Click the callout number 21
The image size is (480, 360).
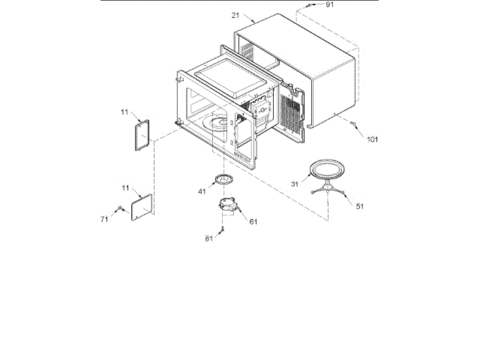(x=235, y=15)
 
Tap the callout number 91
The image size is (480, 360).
(x=329, y=5)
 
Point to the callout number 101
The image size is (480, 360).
(x=373, y=139)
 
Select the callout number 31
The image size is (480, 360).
(x=295, y=183)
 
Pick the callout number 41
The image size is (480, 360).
(x=202, y=192)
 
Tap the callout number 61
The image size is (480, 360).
(x=253, y=222)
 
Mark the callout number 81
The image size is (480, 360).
(x=208, y=238)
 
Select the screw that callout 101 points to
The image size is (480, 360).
(x=353, y=124)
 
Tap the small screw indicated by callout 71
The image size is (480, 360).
(x=120, y=209)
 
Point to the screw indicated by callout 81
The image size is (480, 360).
(x=223, y=230)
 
